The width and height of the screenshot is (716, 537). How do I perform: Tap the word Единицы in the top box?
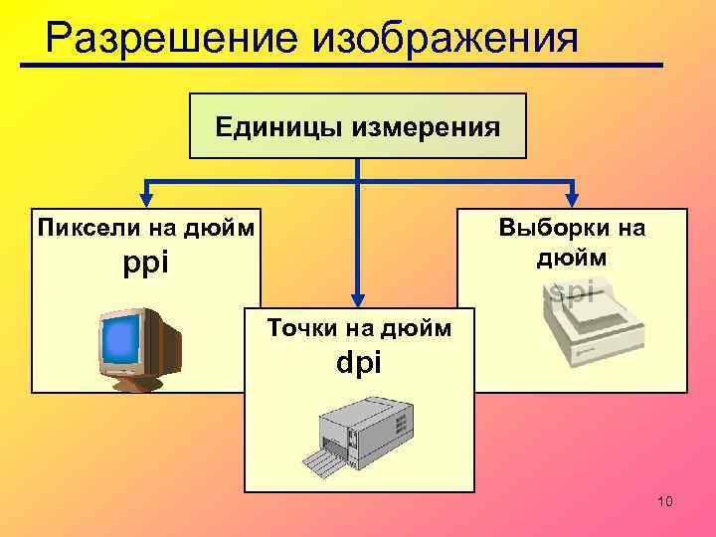tap(268, 127)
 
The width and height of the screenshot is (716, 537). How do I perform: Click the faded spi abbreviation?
tap(572, 290)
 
